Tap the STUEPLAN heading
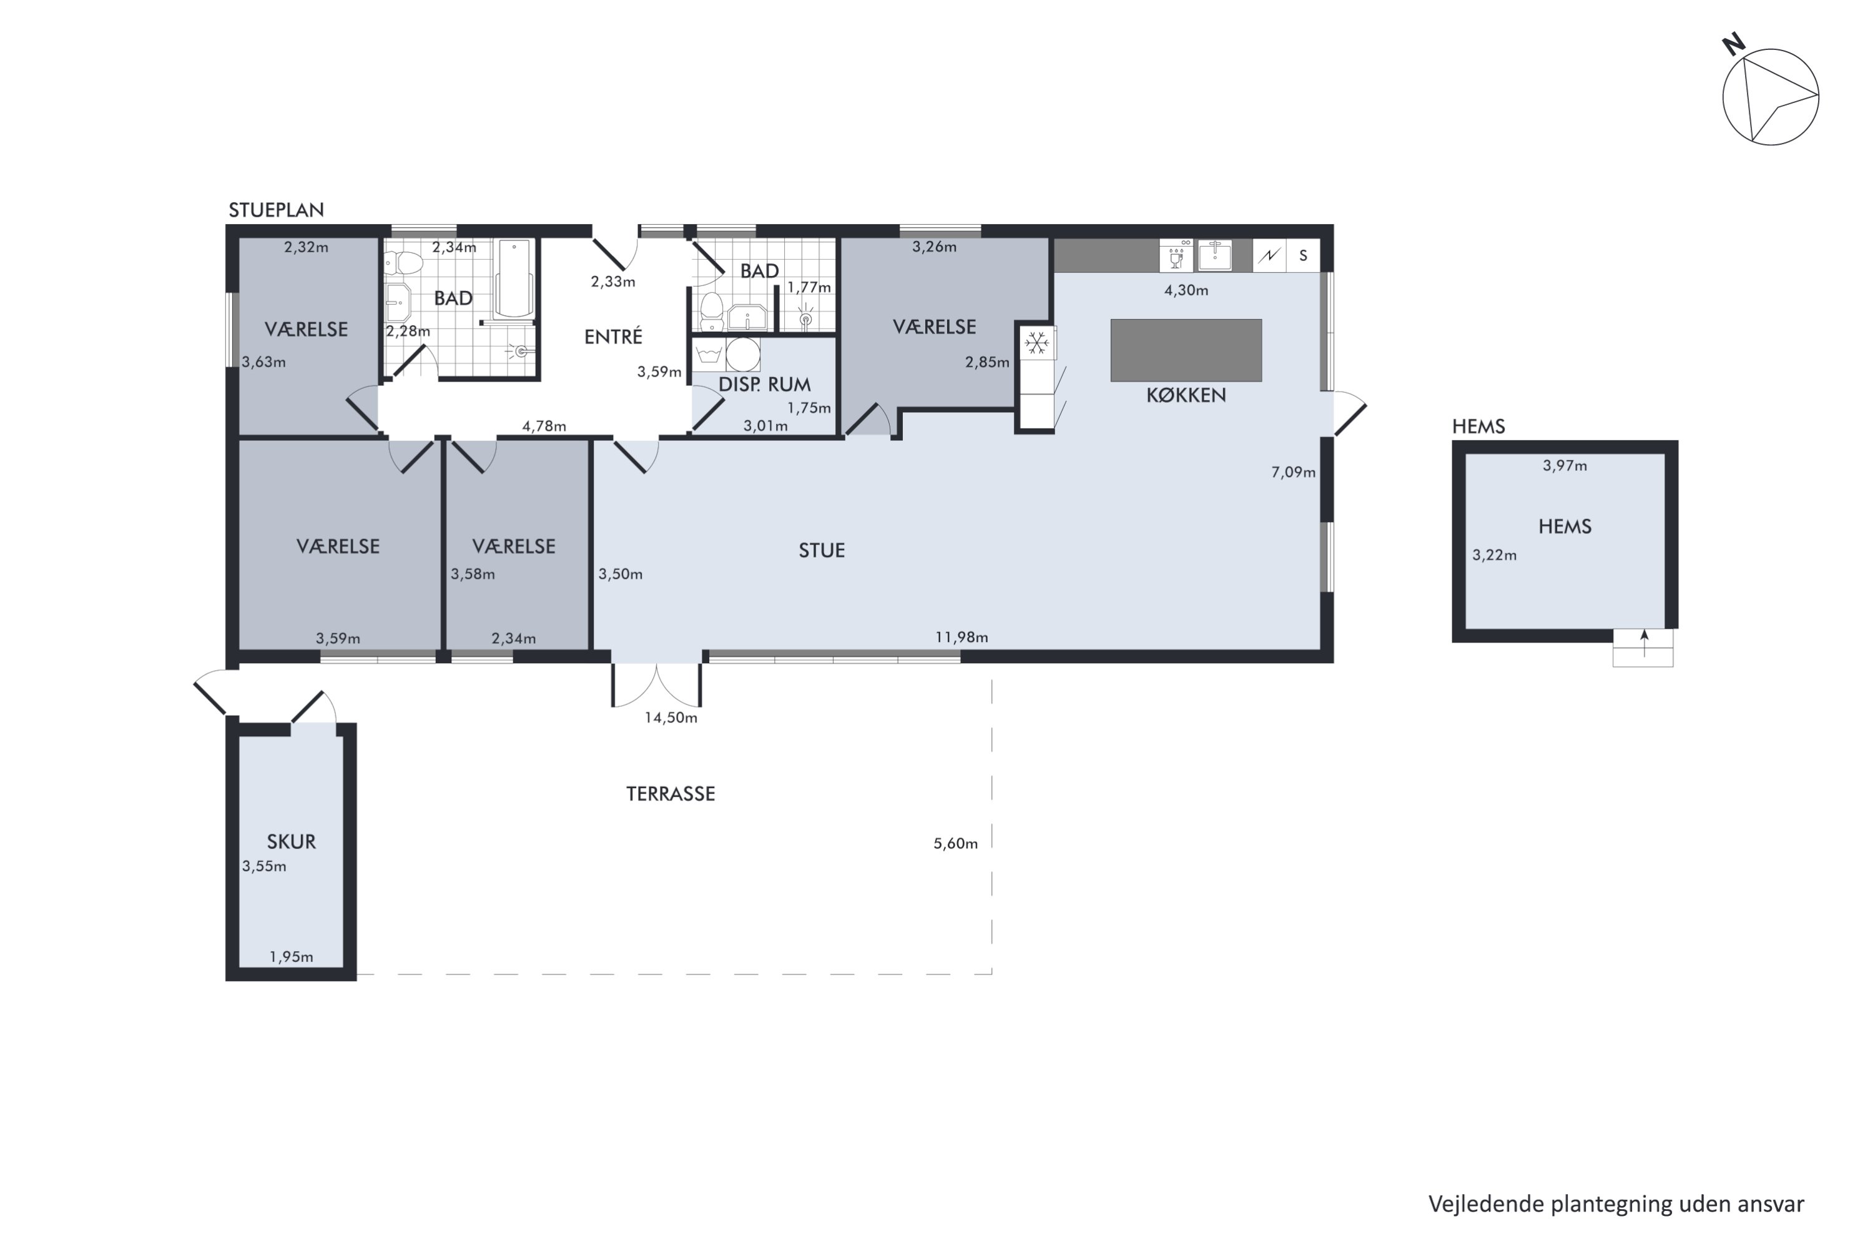tap(277, 210)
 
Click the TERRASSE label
tap(671, 794)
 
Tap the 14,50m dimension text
tap(671, 718)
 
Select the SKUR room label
tap(292, 842)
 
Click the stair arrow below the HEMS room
tap(1644, 644)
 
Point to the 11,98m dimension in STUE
tap(961, 637)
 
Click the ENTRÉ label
tap(613, 337)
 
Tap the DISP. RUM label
tap(764, 385)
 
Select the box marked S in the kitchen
tap(1304, 255)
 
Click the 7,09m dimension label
tap(1293, 472)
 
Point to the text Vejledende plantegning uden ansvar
tap(1616, 1205)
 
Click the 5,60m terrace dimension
tap(956, 844)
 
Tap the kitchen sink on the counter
tap(1214, 255)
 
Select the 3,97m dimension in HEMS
tap(1565, 466)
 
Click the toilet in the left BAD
tap(403, 263)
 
